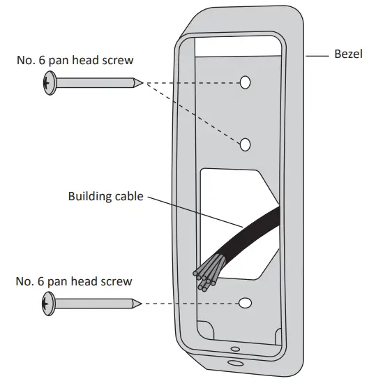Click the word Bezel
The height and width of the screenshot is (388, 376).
point(348,54)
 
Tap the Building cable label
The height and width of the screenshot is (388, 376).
point(105,196)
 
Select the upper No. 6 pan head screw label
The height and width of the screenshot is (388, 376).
point(75,61)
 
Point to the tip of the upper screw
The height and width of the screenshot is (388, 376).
point(142,83)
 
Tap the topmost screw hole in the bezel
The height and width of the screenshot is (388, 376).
point(245,83)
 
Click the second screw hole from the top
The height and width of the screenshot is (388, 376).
point(245,144)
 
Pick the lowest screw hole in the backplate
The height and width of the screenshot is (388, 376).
point(245,304)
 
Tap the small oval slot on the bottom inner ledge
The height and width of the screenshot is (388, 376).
point(236,349)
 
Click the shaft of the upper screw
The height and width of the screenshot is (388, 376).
point(91,84)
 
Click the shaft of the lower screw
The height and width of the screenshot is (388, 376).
point(91,304)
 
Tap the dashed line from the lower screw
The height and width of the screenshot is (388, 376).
point(188,304)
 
